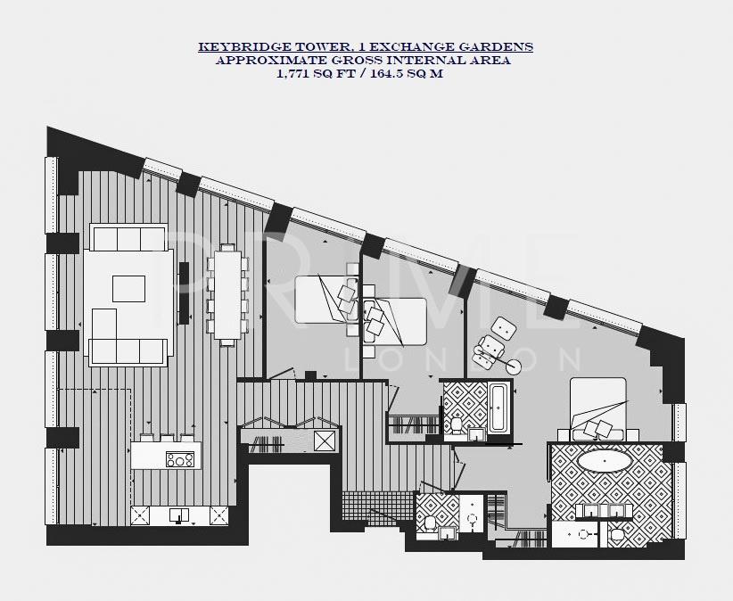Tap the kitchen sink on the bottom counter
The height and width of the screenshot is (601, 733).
click(180, 515)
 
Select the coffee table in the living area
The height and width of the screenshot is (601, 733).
click(128, 289)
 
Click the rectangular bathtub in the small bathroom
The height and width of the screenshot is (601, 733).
click(498, 408)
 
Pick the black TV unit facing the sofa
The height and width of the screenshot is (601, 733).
click(185, 292)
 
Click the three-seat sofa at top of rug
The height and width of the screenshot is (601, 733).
click(128, 238)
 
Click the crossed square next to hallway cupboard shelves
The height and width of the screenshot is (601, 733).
click(325, 440)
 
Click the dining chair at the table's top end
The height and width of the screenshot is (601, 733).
click(226, 251)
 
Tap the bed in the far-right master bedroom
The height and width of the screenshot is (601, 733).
click(598, 408)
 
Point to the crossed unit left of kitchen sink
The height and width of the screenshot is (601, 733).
click(143, 515)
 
